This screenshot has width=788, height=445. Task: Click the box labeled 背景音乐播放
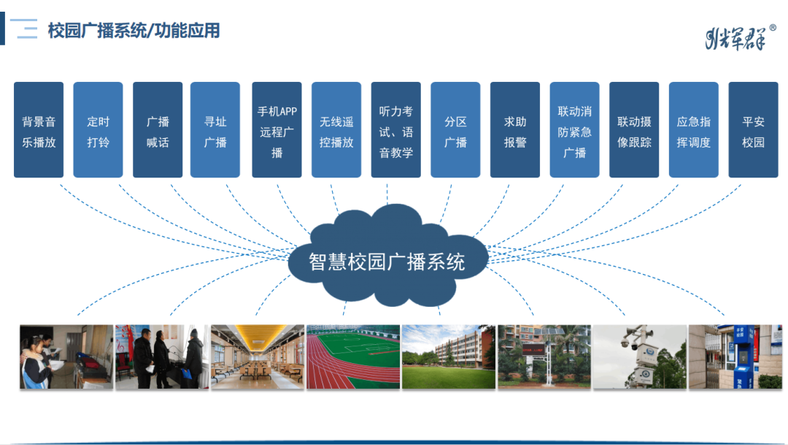(x=39, y=130)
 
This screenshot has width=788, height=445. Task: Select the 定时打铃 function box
(x=98, y=130)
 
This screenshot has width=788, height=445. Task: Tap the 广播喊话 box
(x=158, y=130)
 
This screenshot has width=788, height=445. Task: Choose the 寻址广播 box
(x=215, y=130)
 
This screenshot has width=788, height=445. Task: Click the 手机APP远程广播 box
(x=277, y=130)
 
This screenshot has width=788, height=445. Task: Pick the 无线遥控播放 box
(x=336, y=130)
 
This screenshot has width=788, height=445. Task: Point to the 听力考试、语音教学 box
(x=396, y=130)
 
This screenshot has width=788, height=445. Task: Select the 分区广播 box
(x=455, y=130)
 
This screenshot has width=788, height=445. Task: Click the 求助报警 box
(x=515, y=130)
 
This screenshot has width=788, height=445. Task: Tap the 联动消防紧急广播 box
(x=574, y=130)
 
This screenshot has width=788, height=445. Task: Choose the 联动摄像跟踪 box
(x=634, y=130)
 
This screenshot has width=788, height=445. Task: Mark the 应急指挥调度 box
(x=693, y=130)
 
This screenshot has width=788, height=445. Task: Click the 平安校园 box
(x=753, y=130)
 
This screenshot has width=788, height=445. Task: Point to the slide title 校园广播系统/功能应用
(x=134, y=31)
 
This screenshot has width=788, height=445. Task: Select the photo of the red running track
(x=353, y=357)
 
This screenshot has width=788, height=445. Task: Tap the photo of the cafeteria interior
(x=258, y=357)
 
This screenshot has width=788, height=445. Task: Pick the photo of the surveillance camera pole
(x=639, y=357)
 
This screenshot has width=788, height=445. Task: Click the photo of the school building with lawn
(x=449, y=357)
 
